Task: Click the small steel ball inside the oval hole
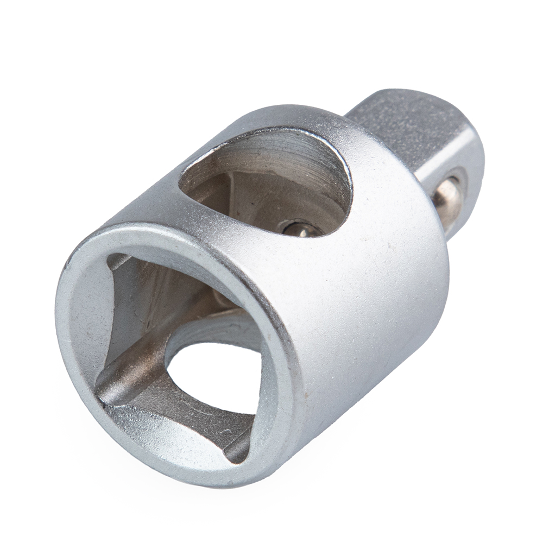pos(298,228)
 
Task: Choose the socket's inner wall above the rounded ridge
pos(141,304)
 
